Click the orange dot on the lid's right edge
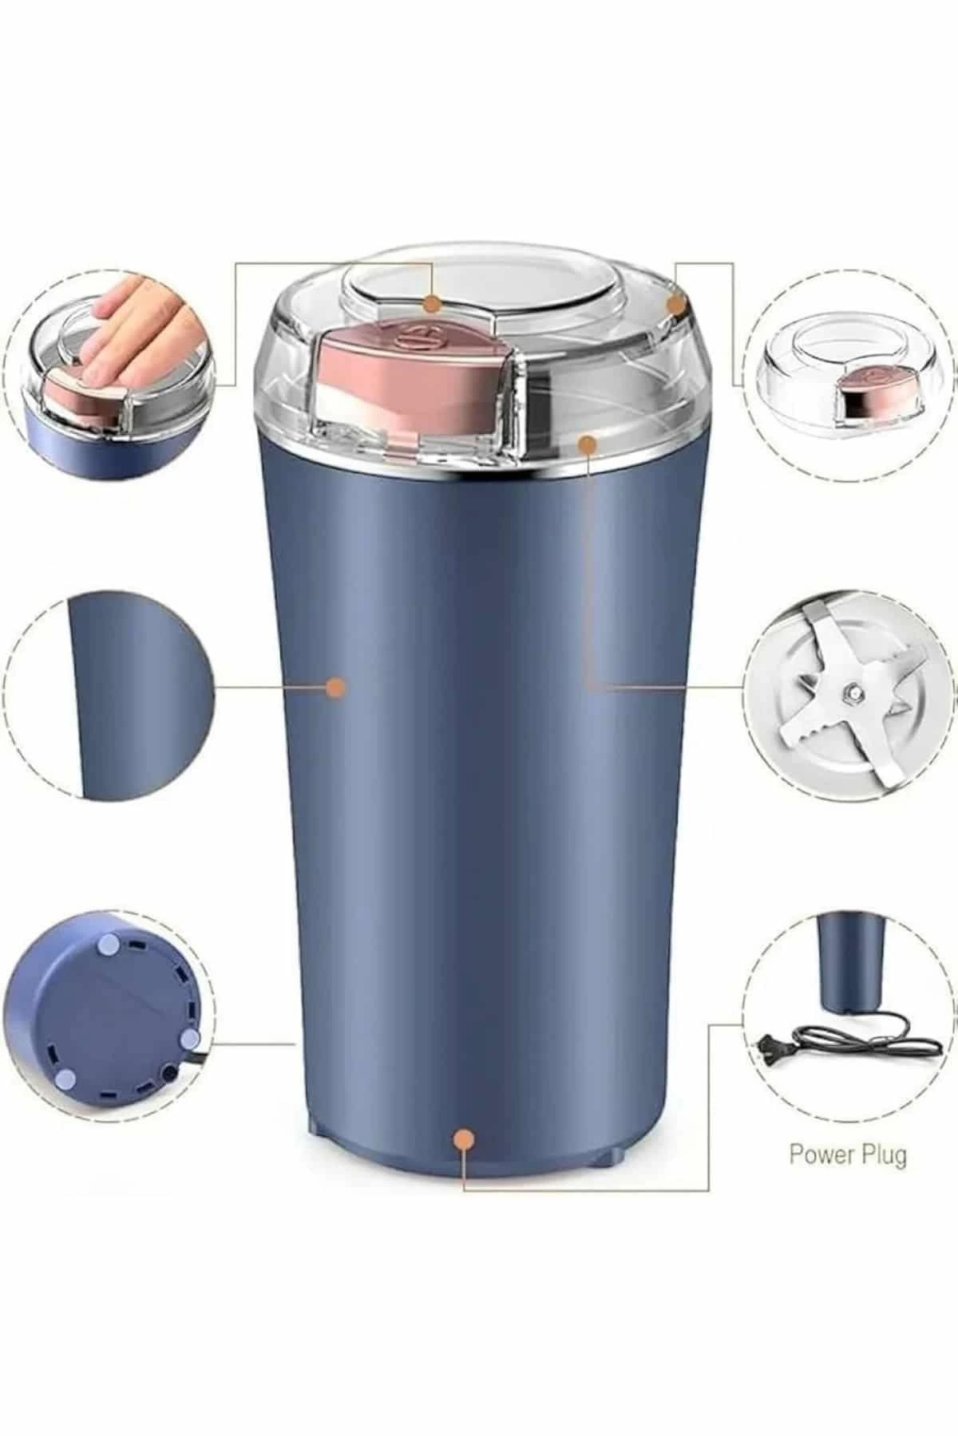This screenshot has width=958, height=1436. coord(676,305)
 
